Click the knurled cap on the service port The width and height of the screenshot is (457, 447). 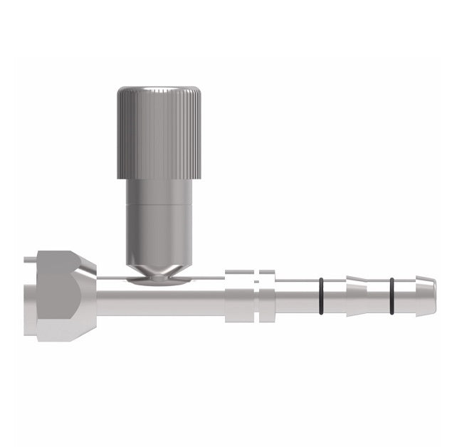coord(159,135)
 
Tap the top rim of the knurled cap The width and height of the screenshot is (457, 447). coord(159,90)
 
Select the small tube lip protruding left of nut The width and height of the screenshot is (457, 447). coord(28,263)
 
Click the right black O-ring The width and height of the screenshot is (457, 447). coord(392,296)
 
